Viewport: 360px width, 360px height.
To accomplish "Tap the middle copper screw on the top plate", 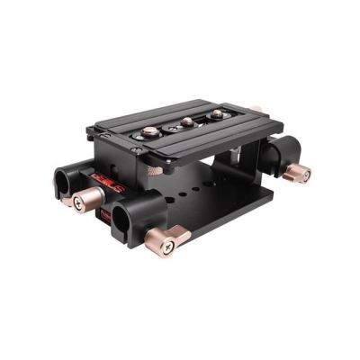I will click(186, 121).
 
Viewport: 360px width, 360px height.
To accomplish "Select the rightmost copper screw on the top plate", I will click(217, 115).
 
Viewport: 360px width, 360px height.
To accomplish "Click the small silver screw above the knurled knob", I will click(144, 154).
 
